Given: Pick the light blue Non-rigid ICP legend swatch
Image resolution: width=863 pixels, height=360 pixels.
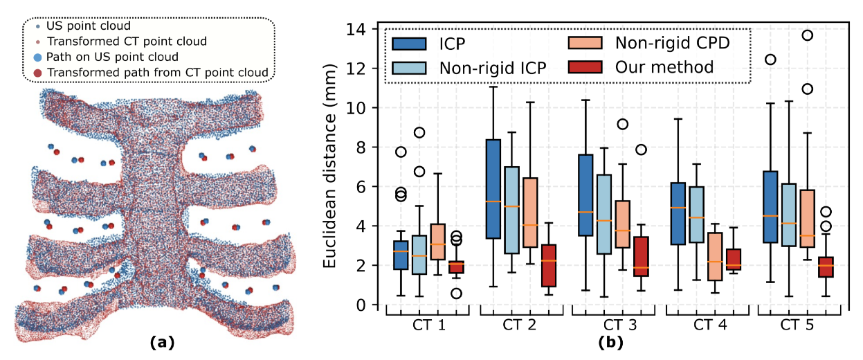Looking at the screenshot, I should [408, 67].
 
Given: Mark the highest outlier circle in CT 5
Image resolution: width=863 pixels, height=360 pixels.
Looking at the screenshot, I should [807, 35].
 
